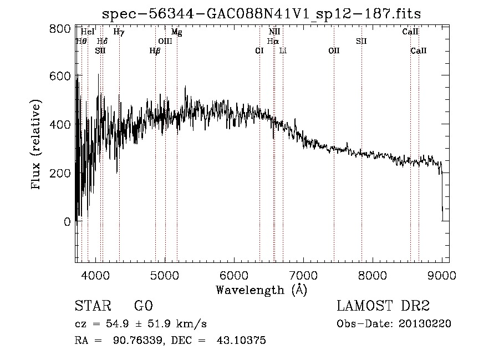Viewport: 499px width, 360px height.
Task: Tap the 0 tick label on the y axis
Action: tap(67, 222)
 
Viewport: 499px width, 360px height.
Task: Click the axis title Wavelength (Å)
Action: tap(261, 290)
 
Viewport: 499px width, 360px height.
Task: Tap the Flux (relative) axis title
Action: tap(37, 145)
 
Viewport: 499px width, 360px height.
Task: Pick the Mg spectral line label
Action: tap(176, 32)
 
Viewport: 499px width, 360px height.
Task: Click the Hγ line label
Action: tap(119, 32)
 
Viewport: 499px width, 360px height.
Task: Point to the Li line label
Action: tap(283, 50)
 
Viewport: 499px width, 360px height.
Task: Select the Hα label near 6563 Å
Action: tap(272, 41)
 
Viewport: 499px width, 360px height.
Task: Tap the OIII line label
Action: tap(165, 41)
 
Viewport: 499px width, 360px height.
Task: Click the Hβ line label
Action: tap(155, 50)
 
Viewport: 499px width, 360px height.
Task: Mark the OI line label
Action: tap(259, 50)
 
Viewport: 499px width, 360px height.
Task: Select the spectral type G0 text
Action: tap(143, 306)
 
